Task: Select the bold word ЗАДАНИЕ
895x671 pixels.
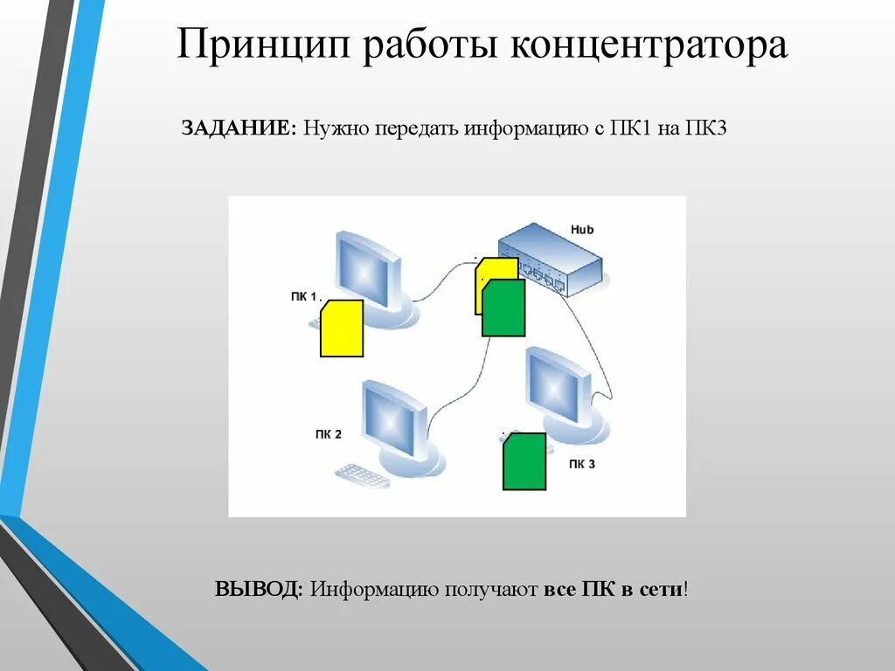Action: tap(239, 128)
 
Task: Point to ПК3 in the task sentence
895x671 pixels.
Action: tap(706, 128)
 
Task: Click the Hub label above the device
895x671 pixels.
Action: tap(582, 229)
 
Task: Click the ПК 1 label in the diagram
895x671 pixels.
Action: tap(306, 297)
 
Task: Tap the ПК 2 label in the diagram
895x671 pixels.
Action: tap(329, 434)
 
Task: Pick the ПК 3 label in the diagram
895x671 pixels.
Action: tap(581, 464)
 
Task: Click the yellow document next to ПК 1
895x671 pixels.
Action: tap(342, 329)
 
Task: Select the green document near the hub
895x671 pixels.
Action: tap(503, 308)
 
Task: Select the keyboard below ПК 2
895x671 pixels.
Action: tap(362, 475)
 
